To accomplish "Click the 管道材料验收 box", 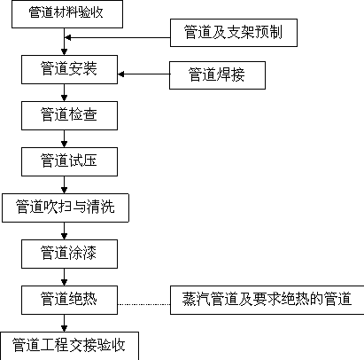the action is (67, 14).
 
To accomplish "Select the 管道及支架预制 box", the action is (234, 33).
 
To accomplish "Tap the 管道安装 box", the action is (69, 69).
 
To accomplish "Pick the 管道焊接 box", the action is (217, 75).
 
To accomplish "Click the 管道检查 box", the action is (69, 115).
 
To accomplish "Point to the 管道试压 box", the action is (69, 161).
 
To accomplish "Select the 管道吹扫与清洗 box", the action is (66, 207).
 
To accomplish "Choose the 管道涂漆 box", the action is (69, 254).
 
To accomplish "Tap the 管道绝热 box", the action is (69, 300).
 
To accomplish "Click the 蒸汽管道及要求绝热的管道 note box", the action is (267, 300).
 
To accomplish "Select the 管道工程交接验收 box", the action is (69, 346).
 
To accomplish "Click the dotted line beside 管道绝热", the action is (144, 304).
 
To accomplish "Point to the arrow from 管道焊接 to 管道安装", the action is (143, 74).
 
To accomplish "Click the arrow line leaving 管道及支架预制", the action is (118, 37).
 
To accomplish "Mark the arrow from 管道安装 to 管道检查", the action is (64, 92).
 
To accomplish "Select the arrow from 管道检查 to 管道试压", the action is (64, 138).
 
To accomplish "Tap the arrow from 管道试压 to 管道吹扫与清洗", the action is (64, 184).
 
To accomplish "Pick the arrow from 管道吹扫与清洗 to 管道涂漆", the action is (64, 231).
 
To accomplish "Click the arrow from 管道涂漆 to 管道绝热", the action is (64, 277).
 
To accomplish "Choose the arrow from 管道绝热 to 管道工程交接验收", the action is (64, 323).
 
